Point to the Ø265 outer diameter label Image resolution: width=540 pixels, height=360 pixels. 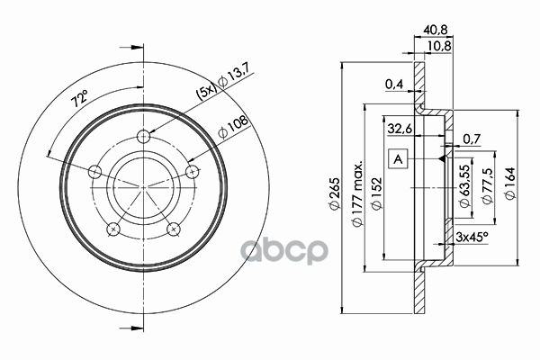click(333, 193)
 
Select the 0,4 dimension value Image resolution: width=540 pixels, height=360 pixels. click(393, 85)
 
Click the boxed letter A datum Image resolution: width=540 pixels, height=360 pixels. click(398, 159)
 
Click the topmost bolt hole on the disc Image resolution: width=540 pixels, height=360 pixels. click(143, 137)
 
